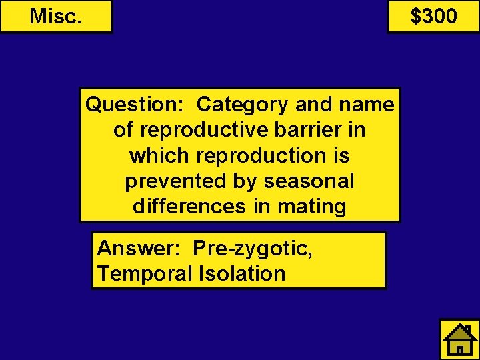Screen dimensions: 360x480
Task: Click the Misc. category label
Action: click(x=56, y=16)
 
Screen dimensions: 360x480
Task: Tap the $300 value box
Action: click(x=433, y=16)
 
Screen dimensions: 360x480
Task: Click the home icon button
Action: click(x=459, y=339)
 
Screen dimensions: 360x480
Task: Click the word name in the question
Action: click(x=367, y=105)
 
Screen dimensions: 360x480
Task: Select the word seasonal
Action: click(x=308, y=181)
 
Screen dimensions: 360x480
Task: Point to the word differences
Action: click(x=189, y=207)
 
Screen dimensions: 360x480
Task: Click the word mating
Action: click(x=312, y=207)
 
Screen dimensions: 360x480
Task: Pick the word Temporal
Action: click(x=144, y=273)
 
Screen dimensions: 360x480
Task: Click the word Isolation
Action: click(x=241, y=273)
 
